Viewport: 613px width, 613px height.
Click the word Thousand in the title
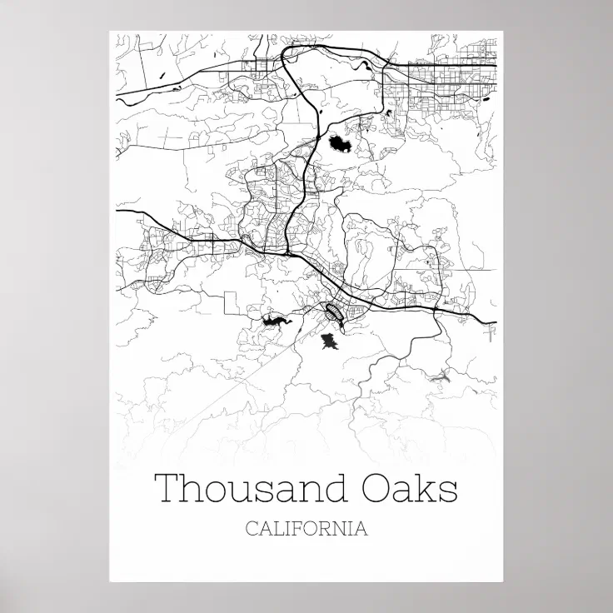tap(247, 489)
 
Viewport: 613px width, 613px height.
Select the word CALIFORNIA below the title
tap(306, 529)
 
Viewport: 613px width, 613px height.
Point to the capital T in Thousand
tap(167, 488)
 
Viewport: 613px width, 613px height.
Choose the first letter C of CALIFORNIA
tap(252, 529)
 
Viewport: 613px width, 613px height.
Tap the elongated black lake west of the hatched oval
tap(275, 320)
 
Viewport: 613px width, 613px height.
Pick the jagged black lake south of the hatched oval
tap(329, 341)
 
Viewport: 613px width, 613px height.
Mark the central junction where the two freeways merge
tap(287, 249)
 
